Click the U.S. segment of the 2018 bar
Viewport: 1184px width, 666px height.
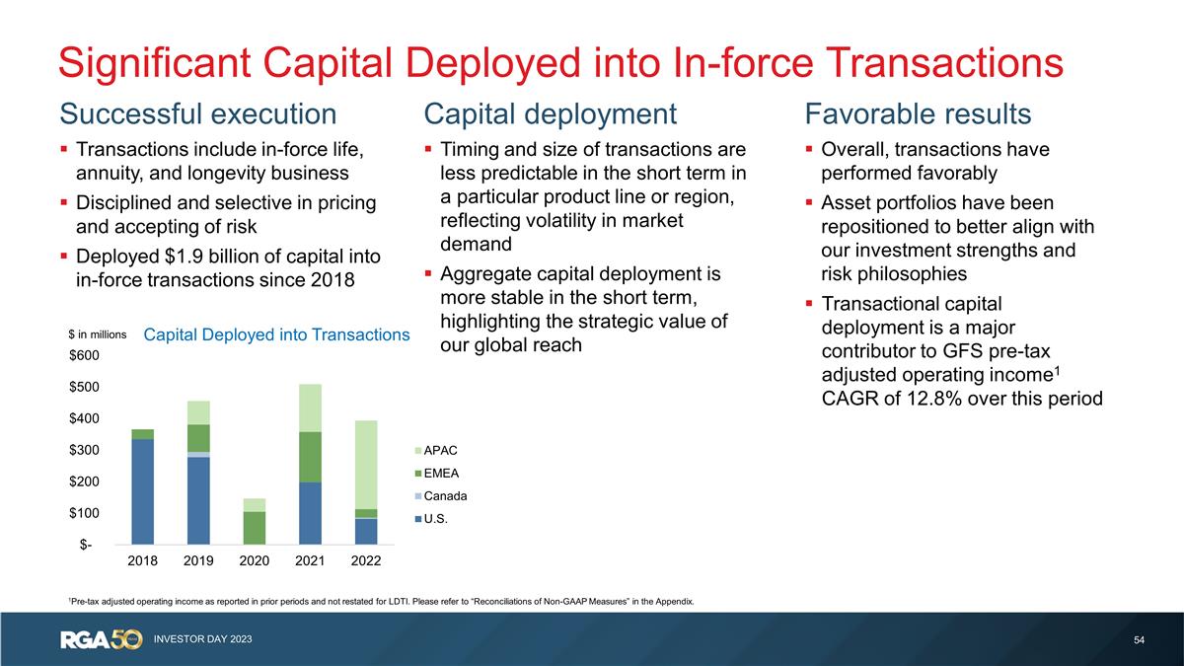tap(143, 491)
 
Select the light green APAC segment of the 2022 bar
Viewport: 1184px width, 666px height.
tap(366, 465)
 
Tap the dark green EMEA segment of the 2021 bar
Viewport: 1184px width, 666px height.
tap(310, 457)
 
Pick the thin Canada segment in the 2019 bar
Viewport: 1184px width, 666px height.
tap(198, 455)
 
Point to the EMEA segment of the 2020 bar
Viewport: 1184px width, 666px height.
tap(255, 528)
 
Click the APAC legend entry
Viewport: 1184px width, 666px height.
tap(436, 450)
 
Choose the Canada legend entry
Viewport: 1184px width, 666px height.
tap(441, 495)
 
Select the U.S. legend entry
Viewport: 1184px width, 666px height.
tap(431, 519)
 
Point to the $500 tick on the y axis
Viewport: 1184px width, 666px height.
tap(84, 387)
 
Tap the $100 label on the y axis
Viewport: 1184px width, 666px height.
tap(84, 513)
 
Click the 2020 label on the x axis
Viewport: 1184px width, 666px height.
tap(255, 560)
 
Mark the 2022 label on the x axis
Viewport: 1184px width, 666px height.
tap(366, 560)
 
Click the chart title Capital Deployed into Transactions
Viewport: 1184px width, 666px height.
tap(276, 334)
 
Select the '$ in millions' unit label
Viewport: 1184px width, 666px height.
tap(98, 334)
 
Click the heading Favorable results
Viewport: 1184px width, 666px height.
tap(919, 113)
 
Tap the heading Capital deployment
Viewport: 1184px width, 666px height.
tap(551, 114)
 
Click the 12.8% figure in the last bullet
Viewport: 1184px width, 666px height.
tap(934, 398)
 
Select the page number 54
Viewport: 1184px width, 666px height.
tap(1139, 640)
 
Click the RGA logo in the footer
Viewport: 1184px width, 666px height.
tap(102, 639)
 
